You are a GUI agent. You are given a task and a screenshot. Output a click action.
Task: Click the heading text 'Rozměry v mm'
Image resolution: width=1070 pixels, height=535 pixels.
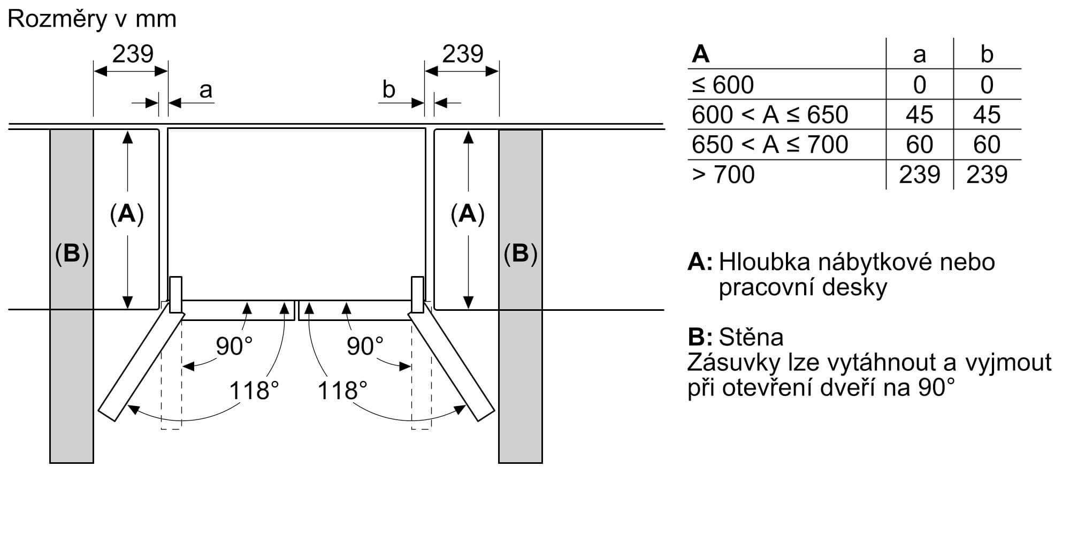coord(92,20)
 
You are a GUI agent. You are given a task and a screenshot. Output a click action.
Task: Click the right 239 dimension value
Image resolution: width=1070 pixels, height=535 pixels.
coord(463,54)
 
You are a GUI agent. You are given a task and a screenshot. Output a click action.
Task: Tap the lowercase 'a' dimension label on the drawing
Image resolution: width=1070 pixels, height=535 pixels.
coord(205,90)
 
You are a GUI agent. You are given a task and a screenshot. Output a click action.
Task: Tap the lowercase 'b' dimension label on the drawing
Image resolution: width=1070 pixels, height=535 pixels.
coord(389,90)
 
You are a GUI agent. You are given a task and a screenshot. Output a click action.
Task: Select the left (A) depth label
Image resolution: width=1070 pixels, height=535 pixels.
coord(127,214)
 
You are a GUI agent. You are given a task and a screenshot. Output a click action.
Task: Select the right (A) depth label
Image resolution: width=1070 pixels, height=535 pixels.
coord(468,214)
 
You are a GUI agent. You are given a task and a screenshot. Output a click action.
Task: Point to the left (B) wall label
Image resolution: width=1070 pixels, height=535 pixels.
coord(72,254)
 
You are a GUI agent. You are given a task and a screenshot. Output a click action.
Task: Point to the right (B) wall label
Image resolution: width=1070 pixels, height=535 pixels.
coord(520,254)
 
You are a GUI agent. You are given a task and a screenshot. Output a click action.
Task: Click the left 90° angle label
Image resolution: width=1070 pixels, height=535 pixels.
coord(234,346)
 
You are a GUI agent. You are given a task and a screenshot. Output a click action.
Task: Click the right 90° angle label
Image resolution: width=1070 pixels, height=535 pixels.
coord(365,346)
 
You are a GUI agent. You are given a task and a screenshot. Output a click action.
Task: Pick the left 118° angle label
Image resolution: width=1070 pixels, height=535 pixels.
coord(254,391)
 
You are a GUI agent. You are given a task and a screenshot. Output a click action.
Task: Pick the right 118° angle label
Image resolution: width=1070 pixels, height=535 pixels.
coord(342,391)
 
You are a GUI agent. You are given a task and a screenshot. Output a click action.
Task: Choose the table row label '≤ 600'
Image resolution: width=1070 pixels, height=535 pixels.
coord(723,85)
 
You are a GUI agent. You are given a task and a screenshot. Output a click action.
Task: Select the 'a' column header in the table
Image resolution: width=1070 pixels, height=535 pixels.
coord(919,55)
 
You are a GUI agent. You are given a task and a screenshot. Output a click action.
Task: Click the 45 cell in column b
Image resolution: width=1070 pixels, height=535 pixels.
coord(987,115)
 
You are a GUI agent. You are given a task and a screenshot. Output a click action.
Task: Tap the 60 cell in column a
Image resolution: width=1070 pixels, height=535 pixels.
coord(919,145)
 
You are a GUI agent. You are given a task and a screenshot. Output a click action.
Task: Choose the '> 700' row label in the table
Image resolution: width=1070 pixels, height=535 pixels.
coord(723,175)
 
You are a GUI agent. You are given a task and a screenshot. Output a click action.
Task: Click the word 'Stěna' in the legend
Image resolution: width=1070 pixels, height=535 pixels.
coord(751,337)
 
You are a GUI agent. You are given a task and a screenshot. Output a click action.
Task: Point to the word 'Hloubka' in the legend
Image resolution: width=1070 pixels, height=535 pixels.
coord(767,262)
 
